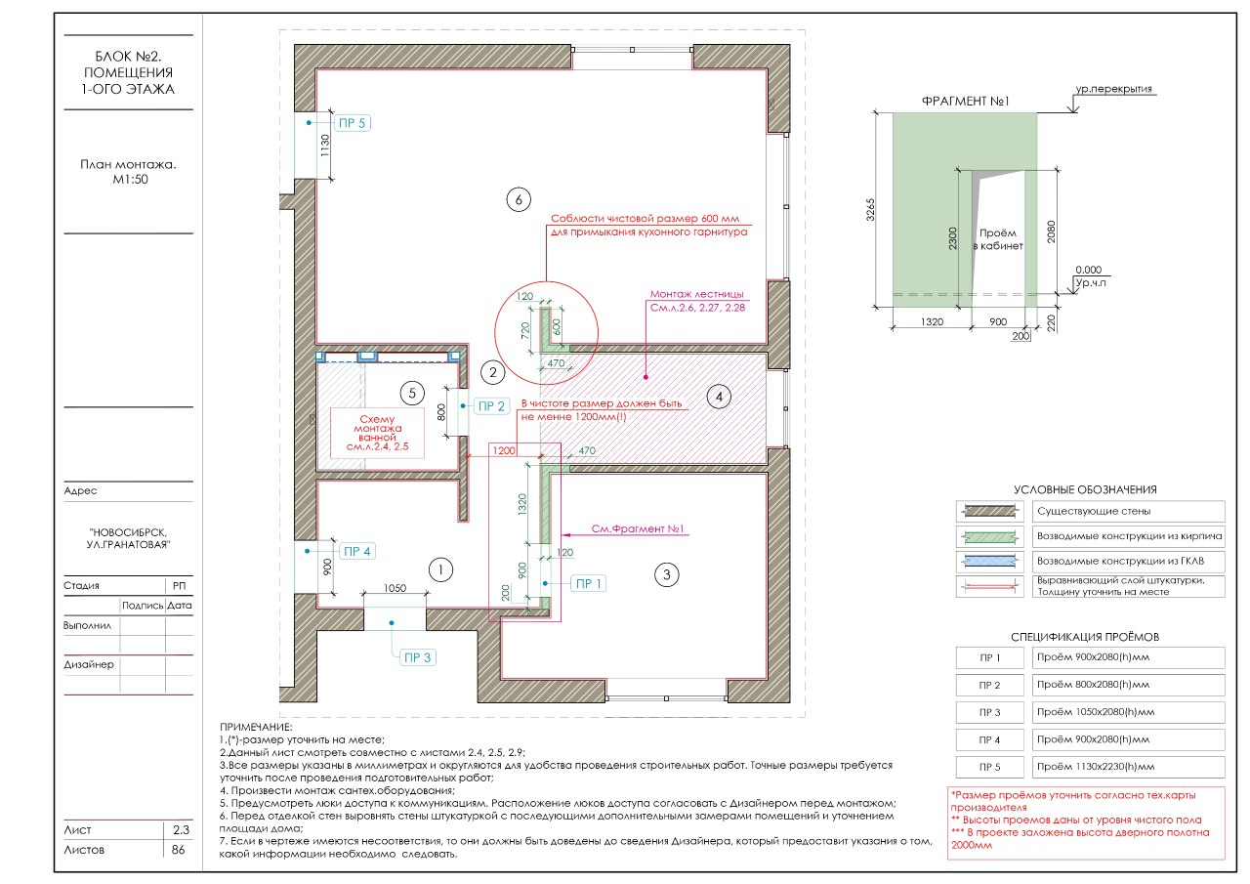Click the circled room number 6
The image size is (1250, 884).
pyautogui.click(x=519, y=199)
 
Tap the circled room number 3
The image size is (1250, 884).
pyautogui.click(x=666, y=574)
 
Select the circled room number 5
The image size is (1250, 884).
pyautogui.click(x=412, y=393)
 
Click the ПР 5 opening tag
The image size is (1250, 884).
pyautogui.click(x=353, y=123)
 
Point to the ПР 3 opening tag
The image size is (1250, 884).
pyautogui.click(x=418, y=657)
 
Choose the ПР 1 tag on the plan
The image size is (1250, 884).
pyautogui.click(x=588, y=583)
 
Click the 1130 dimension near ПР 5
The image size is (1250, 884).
pyautogui.click(x=325, y=146)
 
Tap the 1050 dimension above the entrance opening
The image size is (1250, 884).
pyautogui.click(x=395, y=588)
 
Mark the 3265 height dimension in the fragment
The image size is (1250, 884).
pyautogui.click(x=870, y=210)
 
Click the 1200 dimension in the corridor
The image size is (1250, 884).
pyautogui.click(x=504, y=450)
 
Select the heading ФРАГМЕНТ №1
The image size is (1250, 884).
pyautogui.click(x=965, y=101)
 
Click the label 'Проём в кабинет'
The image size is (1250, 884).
pyautogui.click(x=998, y=239)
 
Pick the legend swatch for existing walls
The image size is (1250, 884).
pyautogui.click(x=990, y=511)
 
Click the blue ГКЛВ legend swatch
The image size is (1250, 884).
pyautogui.click(x=990, y=561)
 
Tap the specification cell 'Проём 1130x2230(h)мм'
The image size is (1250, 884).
pyautogui.click(x=1128, y=767)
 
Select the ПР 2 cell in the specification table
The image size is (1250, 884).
pyautogui.click(x=990, y=685)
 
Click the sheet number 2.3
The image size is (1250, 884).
pyautogui.click(x=181, y=830)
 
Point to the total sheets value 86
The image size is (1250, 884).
pyautogui.click(x=178, y=850)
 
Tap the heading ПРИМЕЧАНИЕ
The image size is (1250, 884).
pyautogui.click(x=256, y=727)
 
